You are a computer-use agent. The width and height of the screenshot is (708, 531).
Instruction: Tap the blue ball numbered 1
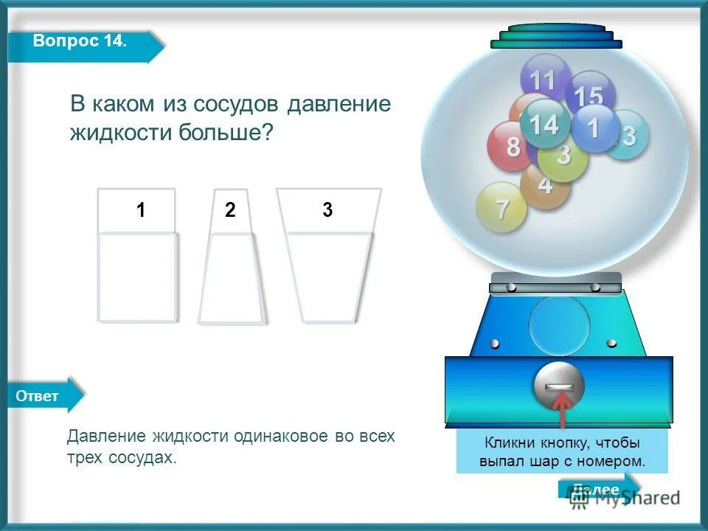click(594, 128)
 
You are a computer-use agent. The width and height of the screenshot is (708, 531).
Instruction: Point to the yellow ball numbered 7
click(502, 209)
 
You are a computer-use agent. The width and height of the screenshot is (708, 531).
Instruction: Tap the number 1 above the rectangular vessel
click(140, 210)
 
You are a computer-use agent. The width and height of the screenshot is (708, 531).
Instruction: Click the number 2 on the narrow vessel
click(230, 210)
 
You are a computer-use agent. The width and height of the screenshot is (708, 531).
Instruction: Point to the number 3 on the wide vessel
click(327, 210)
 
